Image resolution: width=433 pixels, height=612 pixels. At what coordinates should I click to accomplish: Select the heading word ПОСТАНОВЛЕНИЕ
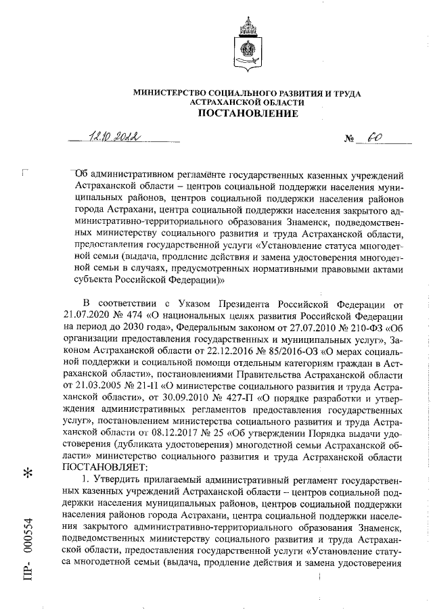pyautogui.click(x=247, y=114)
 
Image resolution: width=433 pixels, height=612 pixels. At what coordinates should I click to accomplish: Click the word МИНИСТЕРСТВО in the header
pyautogui.click(x=173, y=92)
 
